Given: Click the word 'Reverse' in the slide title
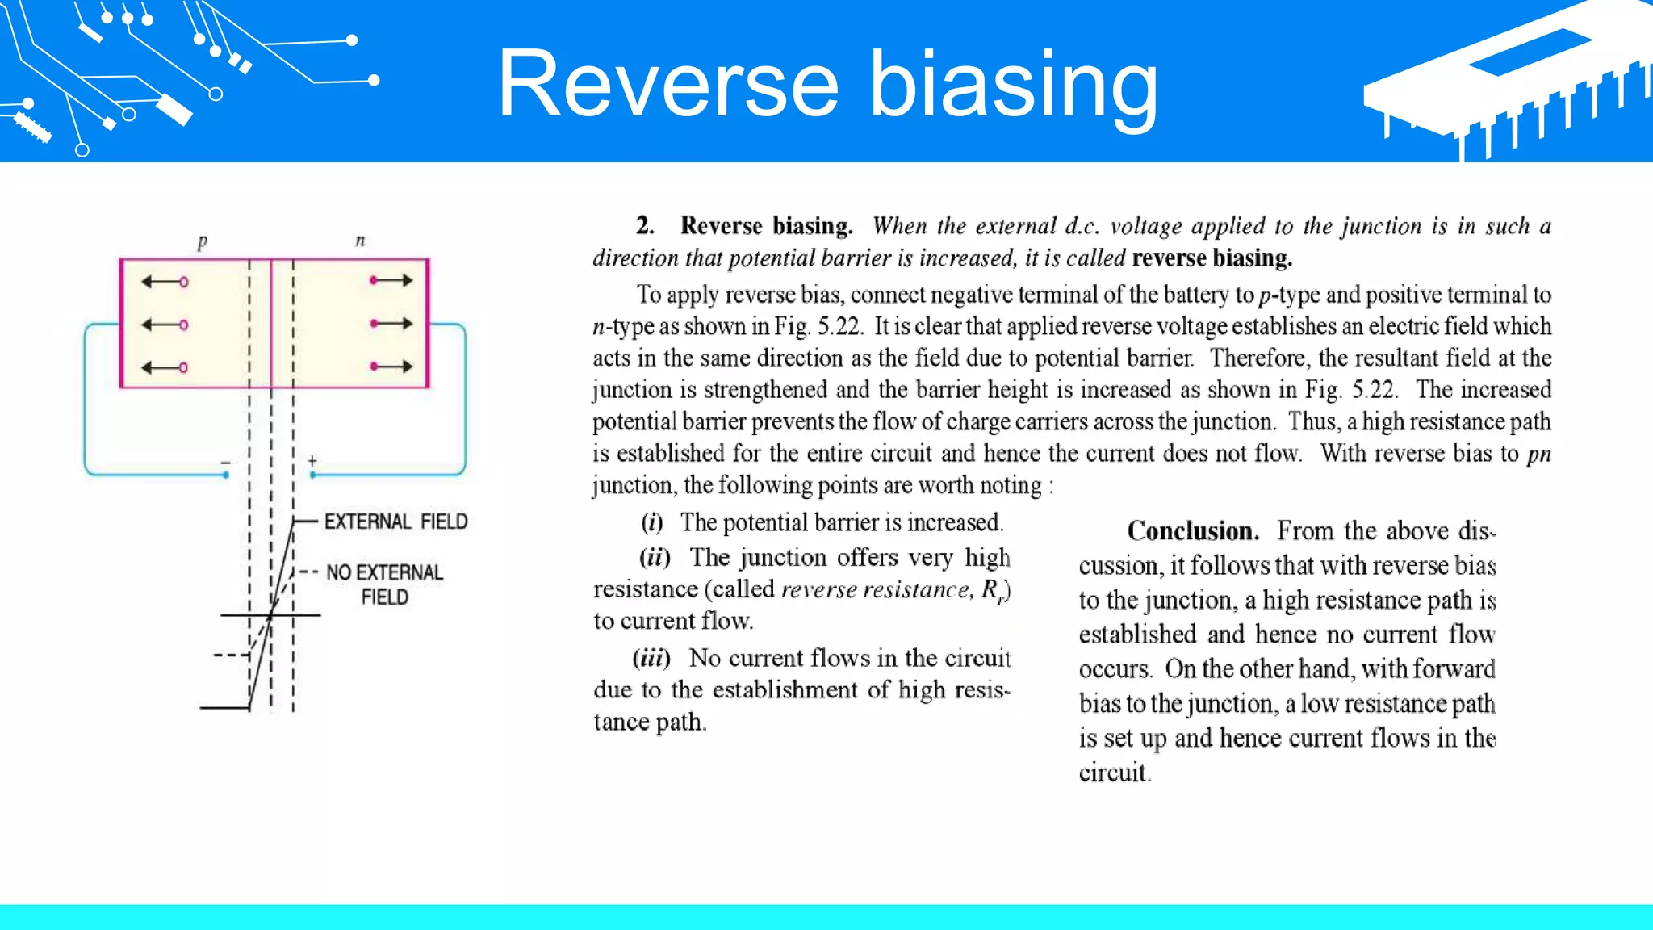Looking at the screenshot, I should coord(668,85).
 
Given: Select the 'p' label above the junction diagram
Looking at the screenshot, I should coord(202,241).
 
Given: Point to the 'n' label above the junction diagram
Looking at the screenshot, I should coord(360,241).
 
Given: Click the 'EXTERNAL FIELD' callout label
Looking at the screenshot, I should coord(395,522).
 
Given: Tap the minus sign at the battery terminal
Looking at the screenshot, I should coord(226,463).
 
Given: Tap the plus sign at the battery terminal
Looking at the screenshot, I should coord(312,461).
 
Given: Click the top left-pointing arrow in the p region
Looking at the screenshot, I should coord(165,282).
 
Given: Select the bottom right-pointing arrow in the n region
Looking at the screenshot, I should coord(391,367).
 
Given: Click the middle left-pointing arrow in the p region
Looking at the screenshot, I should coord(165,325).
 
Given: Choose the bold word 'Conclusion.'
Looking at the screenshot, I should coord(1193,531).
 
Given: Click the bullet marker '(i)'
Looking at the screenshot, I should coord(652,523).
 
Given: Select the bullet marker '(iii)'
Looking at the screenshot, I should coord(651,659).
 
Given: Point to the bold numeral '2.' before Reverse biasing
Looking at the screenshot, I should coord(645,226).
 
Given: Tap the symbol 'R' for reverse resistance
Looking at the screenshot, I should coord(990,590).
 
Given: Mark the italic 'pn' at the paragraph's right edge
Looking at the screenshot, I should coord(1539,455).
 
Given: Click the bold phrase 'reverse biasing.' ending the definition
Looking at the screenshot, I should coord(1212,258).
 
